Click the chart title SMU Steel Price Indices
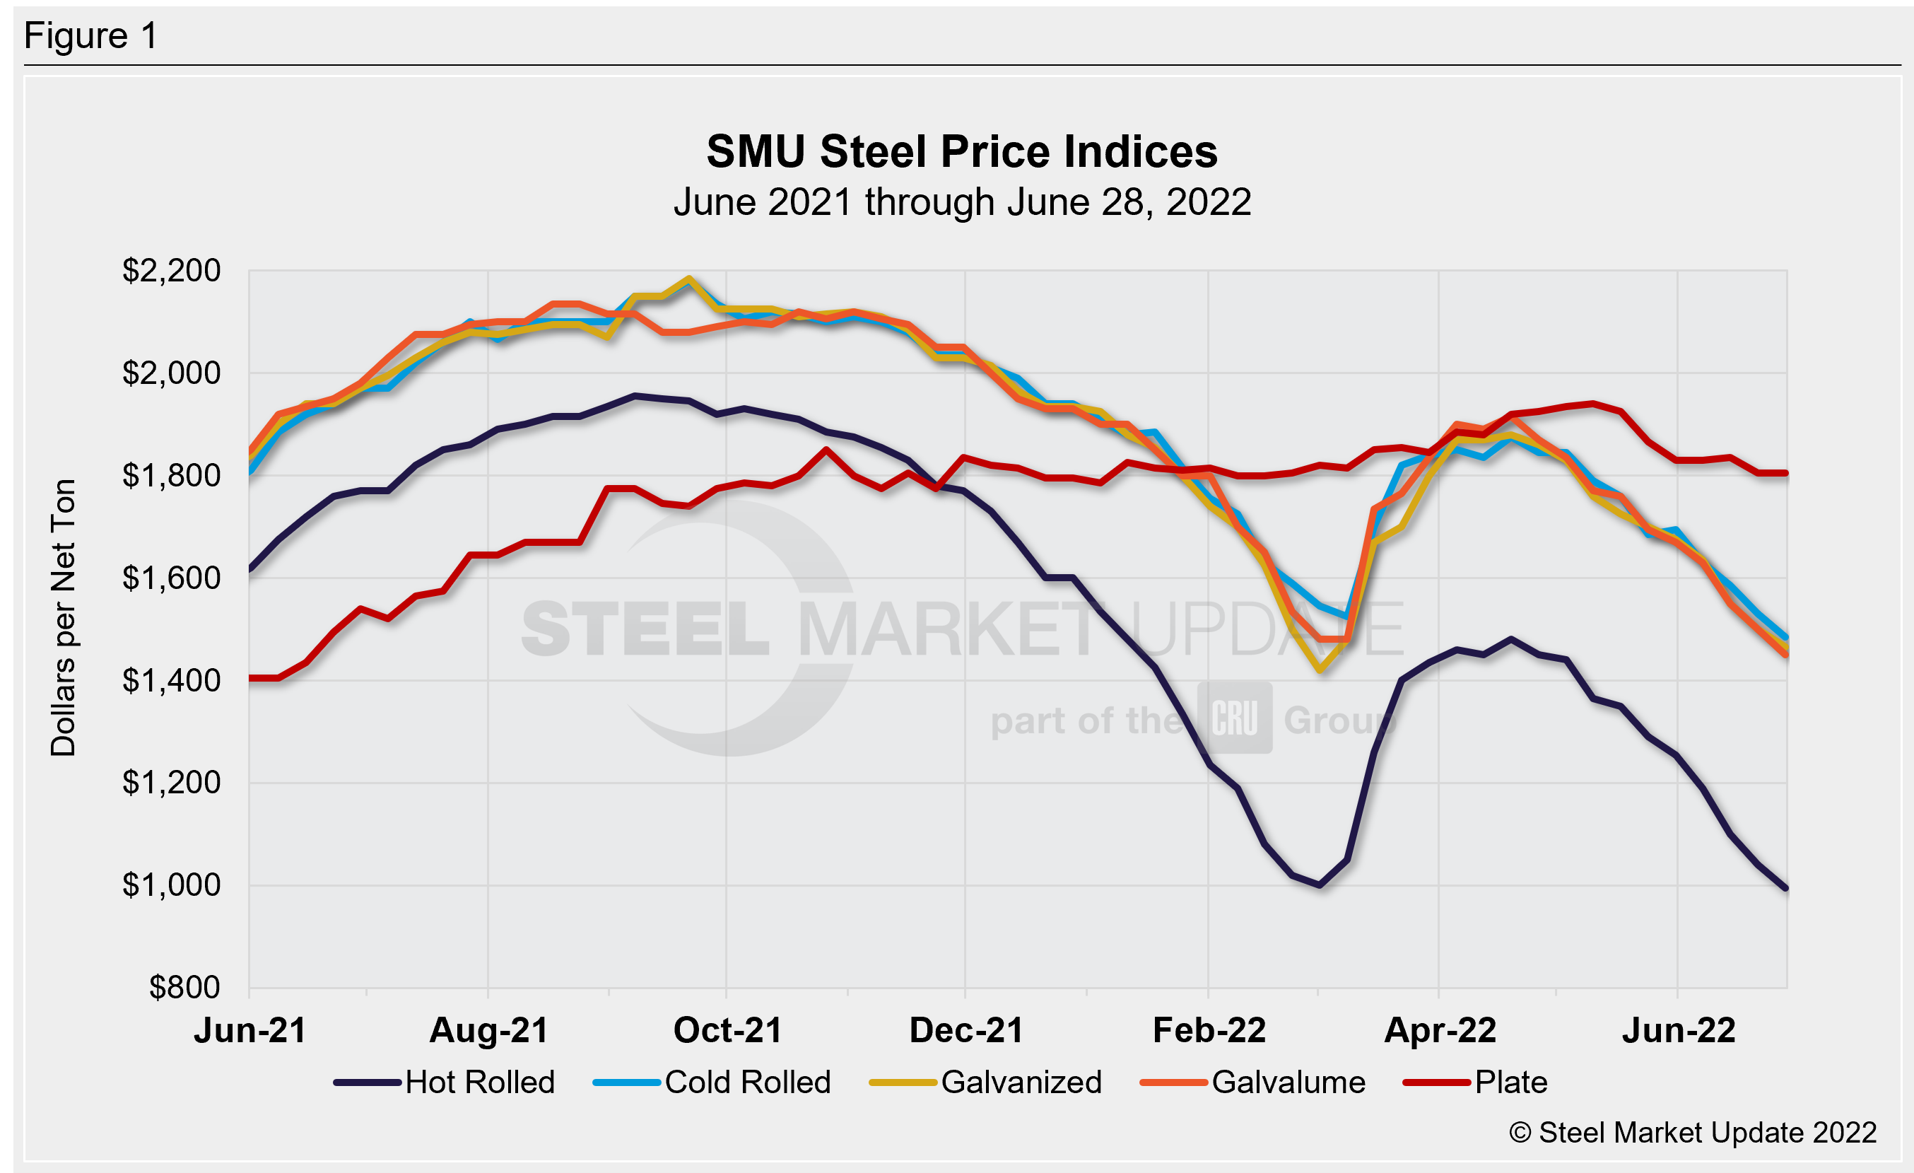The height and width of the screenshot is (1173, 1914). click(x=962, y=151)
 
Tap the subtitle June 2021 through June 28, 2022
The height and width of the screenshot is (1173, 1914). click(x=962, y=203)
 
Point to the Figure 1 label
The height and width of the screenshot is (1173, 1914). click(x=91, y=36)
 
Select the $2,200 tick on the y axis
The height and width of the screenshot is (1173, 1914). click(x=171, y=271)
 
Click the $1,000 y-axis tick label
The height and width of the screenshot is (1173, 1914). click(x=171, y=885)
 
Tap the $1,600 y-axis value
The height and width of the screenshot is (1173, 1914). click(x=171, y=578)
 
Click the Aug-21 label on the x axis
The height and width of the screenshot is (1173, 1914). click(x=488, y=1031)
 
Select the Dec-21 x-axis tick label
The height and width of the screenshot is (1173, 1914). click(x=965, y=1031)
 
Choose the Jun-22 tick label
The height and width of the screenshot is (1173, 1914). click(x=1678, y=1031)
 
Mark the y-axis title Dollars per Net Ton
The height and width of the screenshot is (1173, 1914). click(x=64, y=617)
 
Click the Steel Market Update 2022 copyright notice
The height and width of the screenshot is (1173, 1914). click(x=1693, y=1133)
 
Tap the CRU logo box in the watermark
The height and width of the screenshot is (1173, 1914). click(x=1234, y=718)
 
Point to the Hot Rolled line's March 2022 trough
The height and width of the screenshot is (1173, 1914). click(x=1319, y=885)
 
